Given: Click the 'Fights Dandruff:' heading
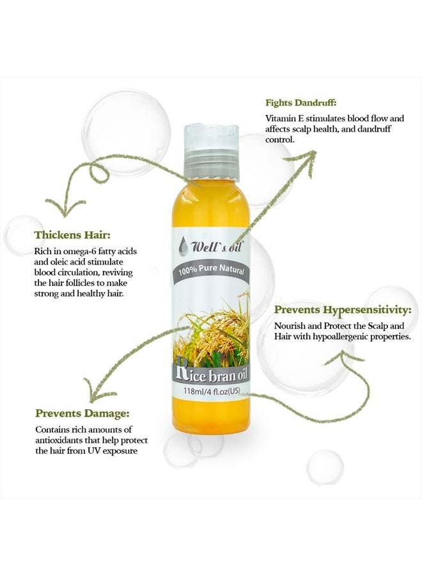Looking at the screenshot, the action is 301,103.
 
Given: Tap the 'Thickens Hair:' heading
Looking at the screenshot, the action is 72,234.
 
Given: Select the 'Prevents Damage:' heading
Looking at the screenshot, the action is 82,413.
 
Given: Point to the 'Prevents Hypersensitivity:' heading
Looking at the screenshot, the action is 343,310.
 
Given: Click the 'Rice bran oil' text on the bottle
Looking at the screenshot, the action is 212,374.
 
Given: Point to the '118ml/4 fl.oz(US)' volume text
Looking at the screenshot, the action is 212,391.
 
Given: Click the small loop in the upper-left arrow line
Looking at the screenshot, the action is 100,173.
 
